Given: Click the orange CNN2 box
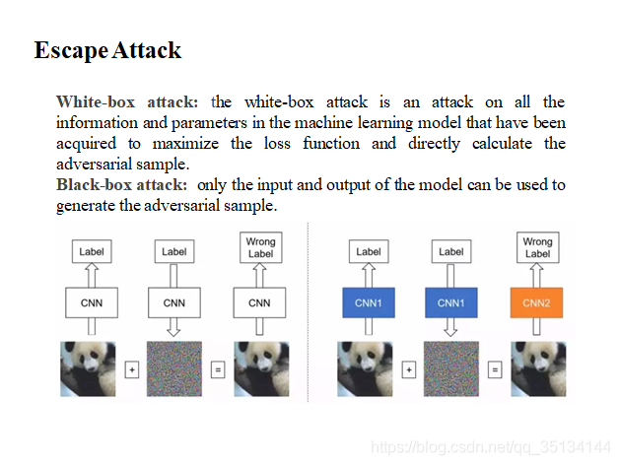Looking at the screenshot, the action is [x=537, y=302].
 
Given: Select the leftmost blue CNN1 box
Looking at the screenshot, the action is [x=369, y=302].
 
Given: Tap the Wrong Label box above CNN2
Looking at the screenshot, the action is [x=537, y=247].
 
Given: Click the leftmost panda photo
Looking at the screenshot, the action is [x=91, y=368].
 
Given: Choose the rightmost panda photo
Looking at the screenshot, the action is [x=537, y=368].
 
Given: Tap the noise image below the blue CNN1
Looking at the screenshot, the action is [x=450, y=368].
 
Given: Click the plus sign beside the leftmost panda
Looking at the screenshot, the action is [x=131, y=370].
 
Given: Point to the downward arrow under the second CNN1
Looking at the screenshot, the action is [x=450, y=327].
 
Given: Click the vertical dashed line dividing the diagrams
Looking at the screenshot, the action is [x=309, y=315].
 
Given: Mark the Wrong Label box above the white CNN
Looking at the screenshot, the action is [x=260, y=247].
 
